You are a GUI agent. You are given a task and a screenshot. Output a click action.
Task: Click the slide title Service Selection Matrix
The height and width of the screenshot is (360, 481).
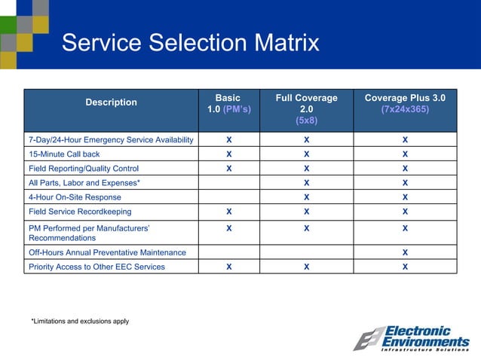tap(190, 42)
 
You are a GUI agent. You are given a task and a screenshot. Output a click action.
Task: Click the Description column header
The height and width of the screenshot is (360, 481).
tap(111, 102)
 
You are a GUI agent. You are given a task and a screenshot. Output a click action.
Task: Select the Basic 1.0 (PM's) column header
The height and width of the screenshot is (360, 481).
tap(228, 103)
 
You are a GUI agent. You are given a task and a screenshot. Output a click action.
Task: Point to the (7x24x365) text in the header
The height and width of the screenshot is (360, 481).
tap(405, 109)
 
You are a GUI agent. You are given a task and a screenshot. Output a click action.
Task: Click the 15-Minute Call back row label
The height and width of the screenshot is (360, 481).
tap(63, 154)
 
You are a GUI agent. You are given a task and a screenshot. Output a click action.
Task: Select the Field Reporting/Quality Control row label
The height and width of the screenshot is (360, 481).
tap(83, 169)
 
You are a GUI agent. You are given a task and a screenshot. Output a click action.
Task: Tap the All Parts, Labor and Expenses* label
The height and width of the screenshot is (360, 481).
tap(84, 183)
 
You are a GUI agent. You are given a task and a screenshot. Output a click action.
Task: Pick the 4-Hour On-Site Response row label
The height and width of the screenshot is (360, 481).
tap(74, 197)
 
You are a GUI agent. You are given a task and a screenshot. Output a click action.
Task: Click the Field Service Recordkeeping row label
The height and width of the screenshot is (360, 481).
tap(79, 212)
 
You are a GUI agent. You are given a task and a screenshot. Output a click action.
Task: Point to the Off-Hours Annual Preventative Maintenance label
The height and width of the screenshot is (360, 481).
tap(106, 252)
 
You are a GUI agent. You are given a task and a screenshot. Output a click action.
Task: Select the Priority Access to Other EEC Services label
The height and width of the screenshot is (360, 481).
tap(96, 267)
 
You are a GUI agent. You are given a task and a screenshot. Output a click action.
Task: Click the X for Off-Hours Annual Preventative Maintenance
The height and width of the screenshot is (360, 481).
tap(405, 252)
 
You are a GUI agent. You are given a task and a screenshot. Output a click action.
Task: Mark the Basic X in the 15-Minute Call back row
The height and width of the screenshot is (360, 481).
tap(228, 154)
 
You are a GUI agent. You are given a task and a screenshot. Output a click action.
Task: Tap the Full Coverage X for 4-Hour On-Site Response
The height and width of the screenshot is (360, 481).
tap(306, 197)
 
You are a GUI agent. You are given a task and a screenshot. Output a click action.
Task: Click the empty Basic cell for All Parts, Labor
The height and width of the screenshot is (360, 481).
tap(228, 183)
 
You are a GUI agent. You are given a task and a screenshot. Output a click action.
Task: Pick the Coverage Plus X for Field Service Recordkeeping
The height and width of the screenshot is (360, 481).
tap(405, 212)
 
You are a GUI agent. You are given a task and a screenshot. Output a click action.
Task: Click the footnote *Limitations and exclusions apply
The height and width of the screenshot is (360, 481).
tap(80, 322)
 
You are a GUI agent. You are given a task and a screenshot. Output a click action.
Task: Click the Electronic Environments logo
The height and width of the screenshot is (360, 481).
tap(412, 339)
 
